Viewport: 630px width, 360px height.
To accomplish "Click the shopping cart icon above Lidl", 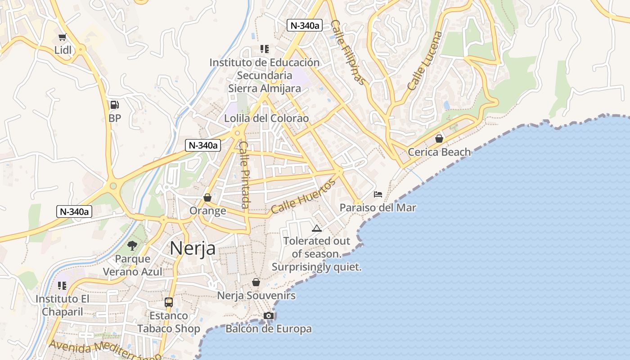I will coord(62,37).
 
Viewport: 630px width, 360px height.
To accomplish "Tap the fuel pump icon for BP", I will coord(115,105).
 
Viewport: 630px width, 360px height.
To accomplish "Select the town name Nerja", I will coord(193,248).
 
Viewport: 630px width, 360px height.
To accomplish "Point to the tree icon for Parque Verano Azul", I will coord(132,245).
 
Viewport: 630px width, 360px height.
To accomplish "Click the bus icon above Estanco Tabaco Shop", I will coord(169,302).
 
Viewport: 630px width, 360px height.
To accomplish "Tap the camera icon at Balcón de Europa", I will coord(269,315).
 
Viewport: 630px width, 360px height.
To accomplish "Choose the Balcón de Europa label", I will coord(269,329).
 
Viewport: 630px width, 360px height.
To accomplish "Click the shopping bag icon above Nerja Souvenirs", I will coord(256,282).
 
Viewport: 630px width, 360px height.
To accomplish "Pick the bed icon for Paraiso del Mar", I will coord(378,194).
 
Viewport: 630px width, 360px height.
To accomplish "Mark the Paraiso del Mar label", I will coord(378,207).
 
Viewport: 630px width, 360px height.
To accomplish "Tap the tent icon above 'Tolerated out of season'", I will coord(317,228).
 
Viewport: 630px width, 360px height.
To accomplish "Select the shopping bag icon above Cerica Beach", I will coord(439,139).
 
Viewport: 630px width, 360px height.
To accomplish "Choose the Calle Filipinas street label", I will coord(347,52).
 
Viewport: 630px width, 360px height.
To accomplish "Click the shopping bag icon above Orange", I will coord(207,198).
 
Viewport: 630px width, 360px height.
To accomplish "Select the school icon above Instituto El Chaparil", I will coord(62,285).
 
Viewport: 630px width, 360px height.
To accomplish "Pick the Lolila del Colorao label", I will coord(267,118).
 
